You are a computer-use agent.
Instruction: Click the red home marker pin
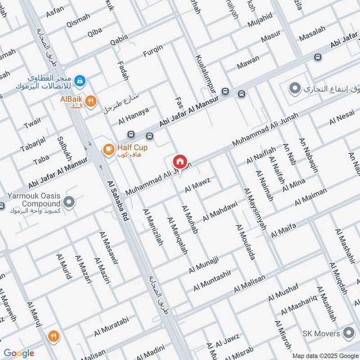180,161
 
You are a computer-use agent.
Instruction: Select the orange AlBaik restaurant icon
91,101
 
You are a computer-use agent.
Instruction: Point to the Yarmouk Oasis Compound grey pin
69,202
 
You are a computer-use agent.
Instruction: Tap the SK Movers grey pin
348,333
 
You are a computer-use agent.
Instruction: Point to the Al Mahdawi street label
220,211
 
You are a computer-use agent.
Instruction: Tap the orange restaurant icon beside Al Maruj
54,336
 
